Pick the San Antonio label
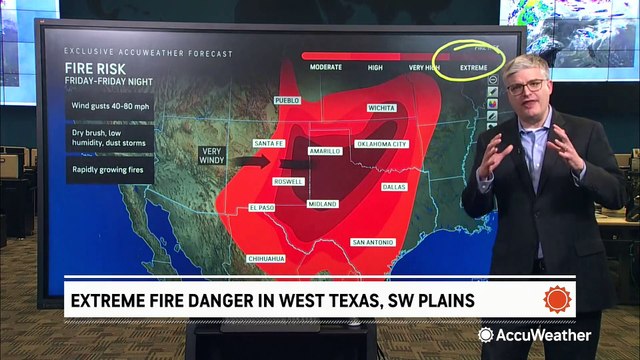(371, 241)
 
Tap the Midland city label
(322, 203)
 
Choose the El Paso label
(262, 207)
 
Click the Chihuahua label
(266, 258)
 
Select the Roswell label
(287, 181)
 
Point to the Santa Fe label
(271, 144)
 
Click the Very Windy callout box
(214, 155)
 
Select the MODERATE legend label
(326, 66)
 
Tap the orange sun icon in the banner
(557, 299)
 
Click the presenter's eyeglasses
(525, 86)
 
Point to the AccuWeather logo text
(544, 335)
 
